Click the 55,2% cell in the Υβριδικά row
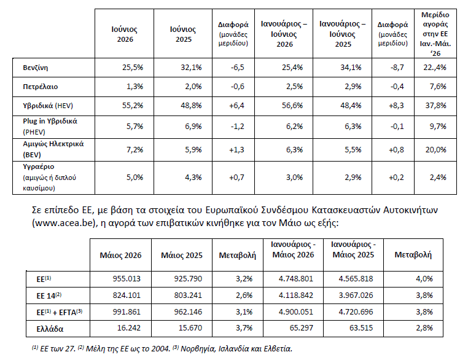pos(133,106)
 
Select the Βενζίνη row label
pos(35,68)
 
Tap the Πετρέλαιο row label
pos(41,87)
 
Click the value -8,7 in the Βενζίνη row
pos(397,68)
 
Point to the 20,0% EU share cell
pos(436,149)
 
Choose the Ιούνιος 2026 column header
pos(125,34)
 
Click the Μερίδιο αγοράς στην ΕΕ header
pos(435,34)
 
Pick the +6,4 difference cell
pos(236,106)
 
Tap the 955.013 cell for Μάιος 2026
pos(127,279)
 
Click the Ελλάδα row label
pos(50,329)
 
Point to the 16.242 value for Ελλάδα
pos(128,328)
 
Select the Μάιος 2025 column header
pos(181,255)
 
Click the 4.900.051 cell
pos(296,312)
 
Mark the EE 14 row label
pos(49,295)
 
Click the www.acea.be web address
pos(64,223)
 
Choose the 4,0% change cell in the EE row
pos(424,279)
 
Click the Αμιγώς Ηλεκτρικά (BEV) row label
pos(53,149)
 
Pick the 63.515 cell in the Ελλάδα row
pos(361,328)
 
